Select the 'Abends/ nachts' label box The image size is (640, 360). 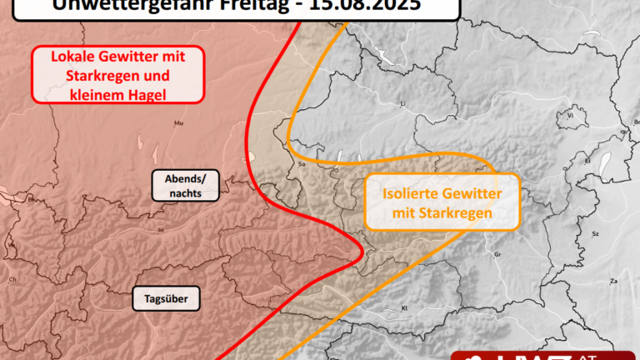[x=177, y=186]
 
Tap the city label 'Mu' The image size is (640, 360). [x=177, y=124]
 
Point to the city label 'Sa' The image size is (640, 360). [x=302, y=165]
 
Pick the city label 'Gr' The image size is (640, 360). [x=497, y=254]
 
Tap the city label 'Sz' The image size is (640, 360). [x=595, y=236]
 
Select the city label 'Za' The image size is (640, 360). [x=613, y=281]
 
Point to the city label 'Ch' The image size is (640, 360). [x=12, y=280]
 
